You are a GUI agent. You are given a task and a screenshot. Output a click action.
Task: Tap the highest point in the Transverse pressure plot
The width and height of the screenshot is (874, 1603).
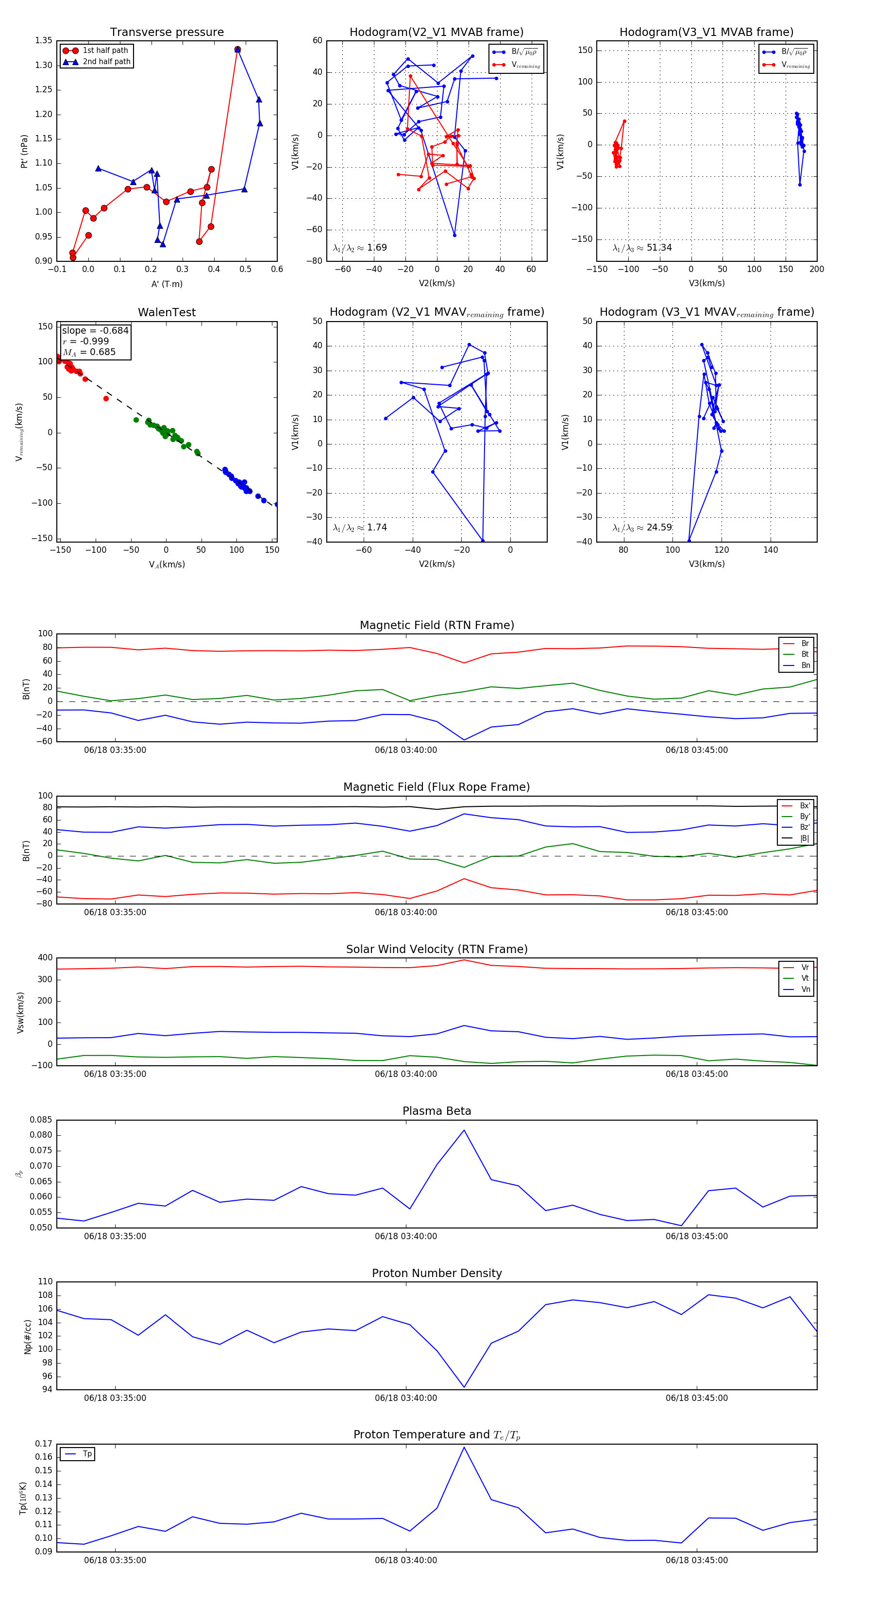[x=237, y=49]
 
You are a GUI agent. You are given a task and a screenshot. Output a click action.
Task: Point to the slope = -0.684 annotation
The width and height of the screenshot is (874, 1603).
[x=95, y=330]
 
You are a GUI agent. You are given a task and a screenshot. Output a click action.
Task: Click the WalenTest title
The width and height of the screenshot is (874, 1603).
[x=167, y=312]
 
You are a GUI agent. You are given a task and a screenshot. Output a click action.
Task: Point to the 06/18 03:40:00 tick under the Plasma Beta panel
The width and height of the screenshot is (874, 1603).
[x=405, y=1236]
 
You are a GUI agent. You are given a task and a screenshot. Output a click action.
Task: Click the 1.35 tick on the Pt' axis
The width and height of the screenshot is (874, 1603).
[x=44, y=40]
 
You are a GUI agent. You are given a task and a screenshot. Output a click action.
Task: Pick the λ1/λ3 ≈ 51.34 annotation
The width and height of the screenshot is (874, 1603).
[x=642, y=248]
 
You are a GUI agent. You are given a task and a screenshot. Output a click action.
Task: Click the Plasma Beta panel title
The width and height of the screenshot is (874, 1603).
[x=437, y=1111]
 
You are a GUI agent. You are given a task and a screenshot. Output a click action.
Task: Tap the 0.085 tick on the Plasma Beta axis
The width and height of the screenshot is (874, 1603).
[x=41, y=1120]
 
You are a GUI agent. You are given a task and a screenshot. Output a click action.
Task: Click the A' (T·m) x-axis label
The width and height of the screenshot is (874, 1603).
[x=167, y=284]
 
